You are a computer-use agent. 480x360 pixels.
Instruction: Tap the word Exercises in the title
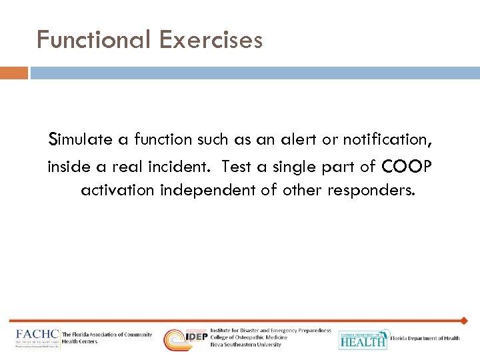pos(211,41)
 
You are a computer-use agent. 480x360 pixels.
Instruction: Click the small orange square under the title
pos(14,73)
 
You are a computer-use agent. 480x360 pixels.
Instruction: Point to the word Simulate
pos(83,140)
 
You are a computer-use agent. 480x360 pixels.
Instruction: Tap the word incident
pos(181,165)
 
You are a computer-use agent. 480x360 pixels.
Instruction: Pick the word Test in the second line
pos(236,165)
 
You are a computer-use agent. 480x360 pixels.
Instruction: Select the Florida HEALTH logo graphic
pos(363,339)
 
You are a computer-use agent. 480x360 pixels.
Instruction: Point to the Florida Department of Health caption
pos(425,339)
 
